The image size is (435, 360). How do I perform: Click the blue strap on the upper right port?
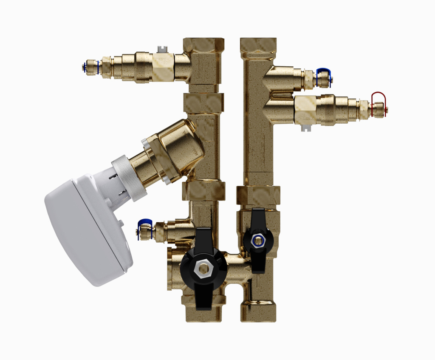click(324, 72)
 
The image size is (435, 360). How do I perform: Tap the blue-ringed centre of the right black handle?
click(258, 240)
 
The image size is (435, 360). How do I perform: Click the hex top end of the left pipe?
click(203, 45)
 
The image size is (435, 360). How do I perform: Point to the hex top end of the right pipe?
click(258, 45)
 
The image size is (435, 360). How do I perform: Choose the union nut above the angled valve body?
click(203, 102)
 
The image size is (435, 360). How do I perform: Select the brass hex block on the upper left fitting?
click(163, 67)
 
